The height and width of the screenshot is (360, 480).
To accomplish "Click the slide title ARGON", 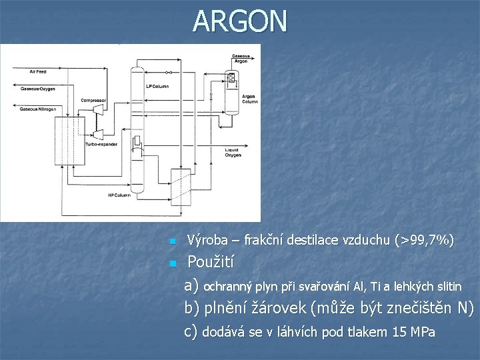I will point(241,21).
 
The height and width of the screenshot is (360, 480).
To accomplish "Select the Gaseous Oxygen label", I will point(38,88).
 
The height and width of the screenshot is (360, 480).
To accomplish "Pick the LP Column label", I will point(157,87).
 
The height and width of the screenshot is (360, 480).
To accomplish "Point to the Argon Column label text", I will point(249,99).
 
